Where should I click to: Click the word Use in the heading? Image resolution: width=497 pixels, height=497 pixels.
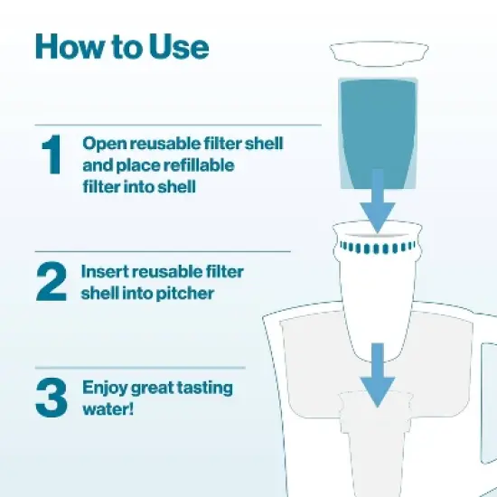(x=182, y=46)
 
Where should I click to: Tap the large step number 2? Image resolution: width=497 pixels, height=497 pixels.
(x=52, y=282)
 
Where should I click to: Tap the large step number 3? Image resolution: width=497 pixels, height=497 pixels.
(x=52, y=399)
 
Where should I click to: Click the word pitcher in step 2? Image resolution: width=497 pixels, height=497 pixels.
(x=187, y=293)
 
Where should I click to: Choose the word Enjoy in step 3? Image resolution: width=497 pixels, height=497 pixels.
(x=104, y=389)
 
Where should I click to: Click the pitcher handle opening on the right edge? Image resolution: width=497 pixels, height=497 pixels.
(x=489, y=361)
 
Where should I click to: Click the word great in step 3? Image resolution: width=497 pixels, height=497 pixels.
(x=153, y=389)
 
